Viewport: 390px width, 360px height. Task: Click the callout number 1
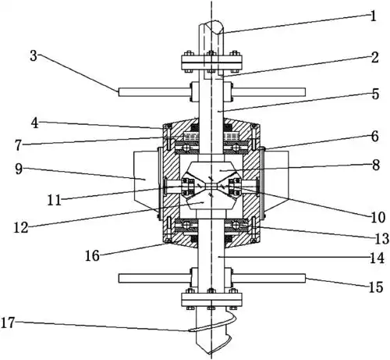pyautogui.click(x=373, y=16)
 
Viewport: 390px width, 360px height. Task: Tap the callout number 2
pyautogui.click(x=374, y=57)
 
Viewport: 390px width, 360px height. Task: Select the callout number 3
pyautogui.click(x=34, y=55)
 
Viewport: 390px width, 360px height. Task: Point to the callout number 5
pyautogui.click(x=375, y=94)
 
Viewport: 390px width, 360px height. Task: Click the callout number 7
pyautogui.click(x=18, y=145)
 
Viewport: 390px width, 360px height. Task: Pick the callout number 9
pyautogui.click(x=19, y=169)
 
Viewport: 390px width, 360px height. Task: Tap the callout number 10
pyautogui.click(x=378, y=217)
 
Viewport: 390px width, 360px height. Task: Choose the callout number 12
pyautogui.click(x=21, y=227)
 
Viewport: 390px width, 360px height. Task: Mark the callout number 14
pyautogui.click(x=377, y=258)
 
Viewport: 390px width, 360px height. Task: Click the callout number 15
pyautogui.click(x=376, y=287)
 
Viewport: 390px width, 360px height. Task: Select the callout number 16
pyautogui.click(x=92, y=255)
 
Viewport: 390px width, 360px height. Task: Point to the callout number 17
pyautogui.click(x=8, y=323)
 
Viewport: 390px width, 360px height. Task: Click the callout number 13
pyautogui.click(x=381, y=238)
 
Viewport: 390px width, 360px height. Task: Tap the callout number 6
pyautogui.click(x=374, y=137)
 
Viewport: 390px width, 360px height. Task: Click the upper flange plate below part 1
pyautogui.click(x=211, y=62)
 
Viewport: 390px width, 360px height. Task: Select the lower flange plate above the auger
pyautogui.click(x=211, y=299)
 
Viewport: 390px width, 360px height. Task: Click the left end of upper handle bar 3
pyautogui.click(x=119, y=92)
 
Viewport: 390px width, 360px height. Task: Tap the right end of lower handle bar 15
pyautogui.click(x=304, y=278)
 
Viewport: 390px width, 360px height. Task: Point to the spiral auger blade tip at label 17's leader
pyautogui.click(x=189, y=330)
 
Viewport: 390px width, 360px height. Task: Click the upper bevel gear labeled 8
pyautogui.click(x=211, y=171)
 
